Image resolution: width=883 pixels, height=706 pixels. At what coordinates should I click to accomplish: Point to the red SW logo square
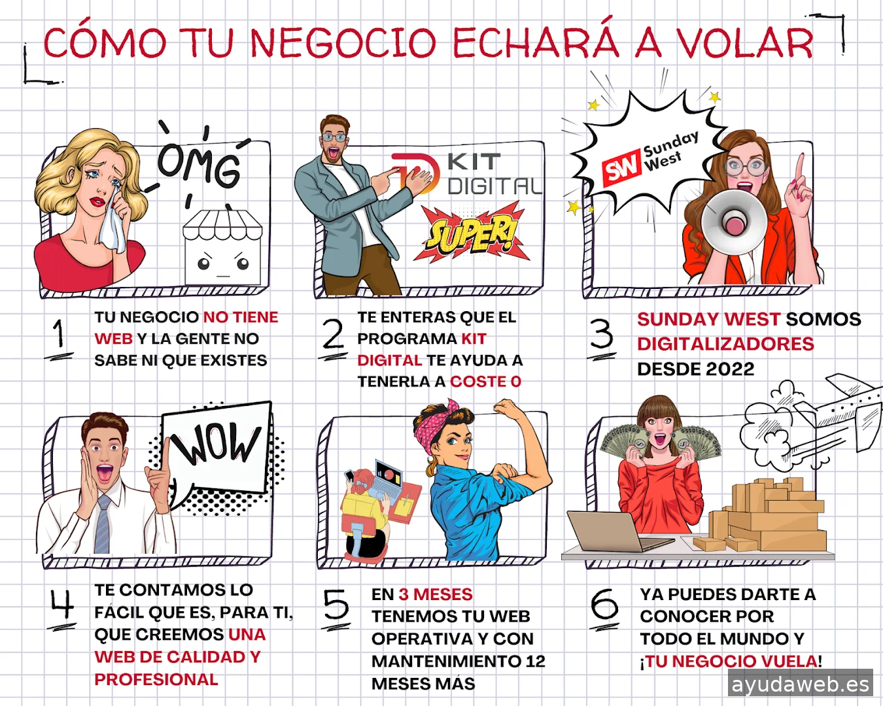(621, 167)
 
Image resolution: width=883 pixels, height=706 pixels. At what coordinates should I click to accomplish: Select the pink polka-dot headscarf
(435, 427)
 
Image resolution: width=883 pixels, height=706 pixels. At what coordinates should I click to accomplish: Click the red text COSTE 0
(485, 382)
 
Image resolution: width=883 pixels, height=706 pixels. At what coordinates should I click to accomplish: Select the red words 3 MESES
(436, 594)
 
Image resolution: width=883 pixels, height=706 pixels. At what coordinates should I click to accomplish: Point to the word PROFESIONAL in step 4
(156, 679)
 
